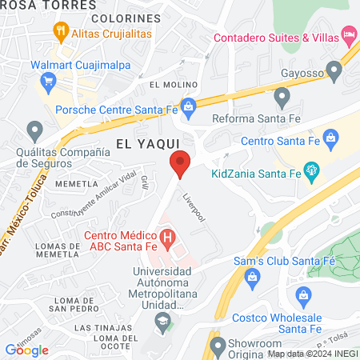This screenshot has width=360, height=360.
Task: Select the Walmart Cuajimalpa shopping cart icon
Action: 46,81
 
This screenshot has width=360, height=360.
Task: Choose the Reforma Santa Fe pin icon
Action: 281,98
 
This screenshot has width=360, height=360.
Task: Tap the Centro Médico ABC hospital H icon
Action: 167,238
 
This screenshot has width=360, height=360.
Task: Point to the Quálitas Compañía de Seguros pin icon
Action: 34,129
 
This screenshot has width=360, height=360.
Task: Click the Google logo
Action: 26,350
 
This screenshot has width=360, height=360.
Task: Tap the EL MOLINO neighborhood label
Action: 167,84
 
